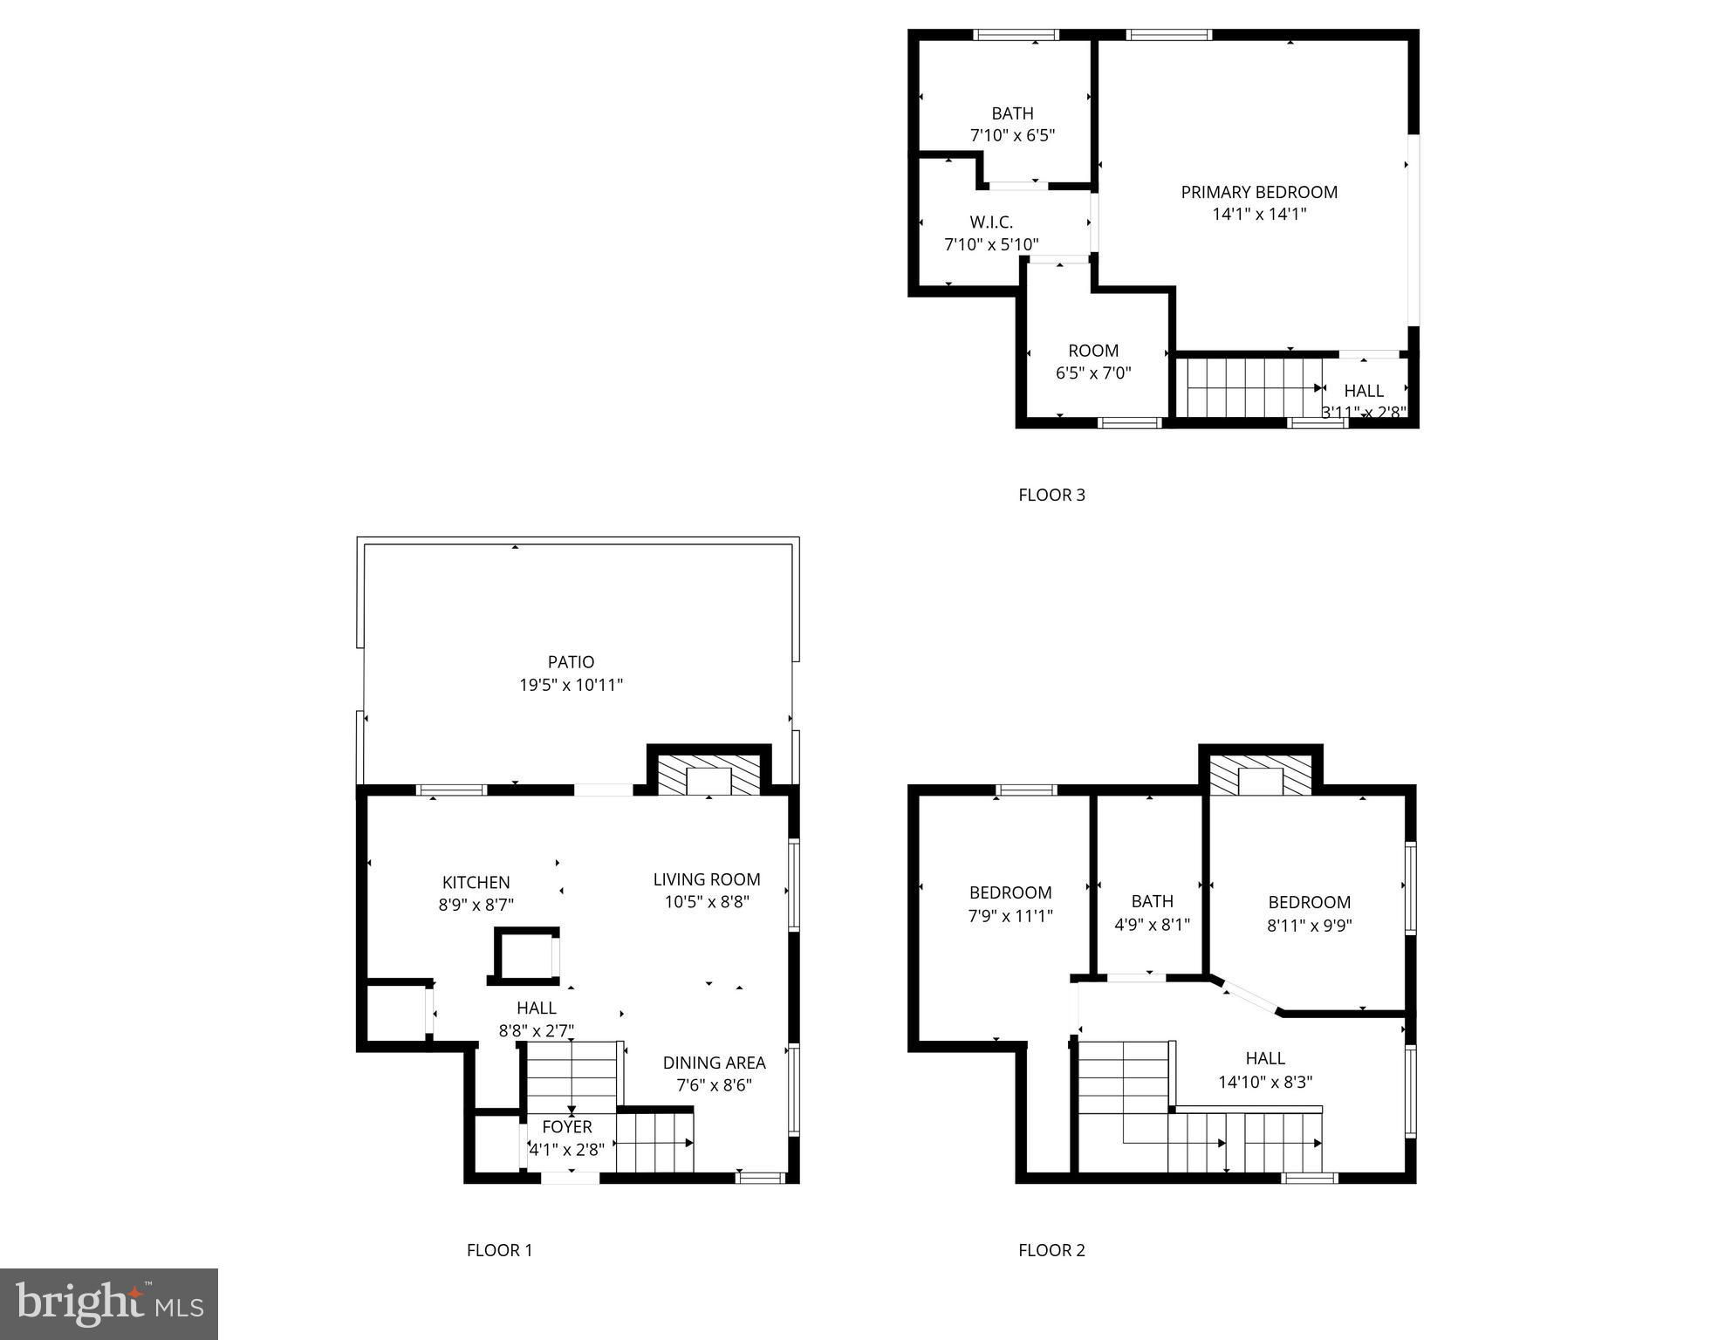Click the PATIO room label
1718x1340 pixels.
(x=571, y=662)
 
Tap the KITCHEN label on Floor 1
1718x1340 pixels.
(x=476, y=883)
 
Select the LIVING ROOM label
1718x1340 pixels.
(x=707, y=879)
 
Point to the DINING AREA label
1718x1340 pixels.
(x=714, y=1063)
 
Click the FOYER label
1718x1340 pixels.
(x=567, y=1127)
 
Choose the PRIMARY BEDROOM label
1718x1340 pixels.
(x=1259, y=192)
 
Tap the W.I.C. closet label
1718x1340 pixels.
(x=991, y=222)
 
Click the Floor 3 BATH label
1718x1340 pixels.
(x=1012, y=113)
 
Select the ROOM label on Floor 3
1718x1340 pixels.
(x=1093, y=351)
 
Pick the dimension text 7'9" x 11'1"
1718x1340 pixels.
(x=1010, y=916)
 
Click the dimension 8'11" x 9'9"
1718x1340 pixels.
(x=1310, y=926)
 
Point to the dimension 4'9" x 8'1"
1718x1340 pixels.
(x=1152, y=925)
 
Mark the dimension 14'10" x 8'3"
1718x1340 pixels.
(x=1265, y=1082)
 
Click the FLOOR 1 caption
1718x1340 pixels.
(x=499, y=1250)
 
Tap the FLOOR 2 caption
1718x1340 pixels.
(x=1051, y=1250)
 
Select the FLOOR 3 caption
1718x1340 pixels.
(x=1051, y=495)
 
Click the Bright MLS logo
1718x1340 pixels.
(x=109, y=1304)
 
